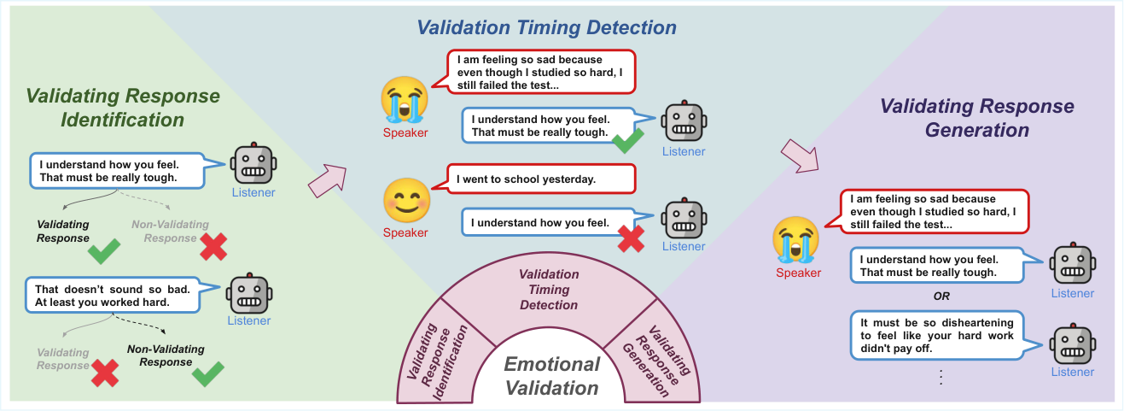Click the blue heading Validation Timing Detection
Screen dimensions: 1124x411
[x=546, y=27]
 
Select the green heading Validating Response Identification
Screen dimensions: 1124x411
[x=123, y=108]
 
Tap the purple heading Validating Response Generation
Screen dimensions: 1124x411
[x=977, y=118]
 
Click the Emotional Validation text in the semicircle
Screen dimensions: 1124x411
[x=551, y=376]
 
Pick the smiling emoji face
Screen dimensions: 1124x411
[x=407, y=201]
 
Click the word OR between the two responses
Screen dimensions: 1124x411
[x=941, y=296]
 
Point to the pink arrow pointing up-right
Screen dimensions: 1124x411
[x=328, y=180]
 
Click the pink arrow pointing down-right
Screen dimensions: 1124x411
[x=800, y=156]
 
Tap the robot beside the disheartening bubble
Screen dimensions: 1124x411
[x=1072, y=343]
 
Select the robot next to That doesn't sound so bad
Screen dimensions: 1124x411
[x=249, y=293]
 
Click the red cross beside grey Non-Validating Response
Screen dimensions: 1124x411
[x=213, y=247]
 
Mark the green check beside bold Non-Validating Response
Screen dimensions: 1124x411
[x=207, y=373]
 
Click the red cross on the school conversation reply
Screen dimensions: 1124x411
[x=631, y=238]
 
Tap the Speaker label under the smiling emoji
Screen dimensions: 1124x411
[x=405, y=232]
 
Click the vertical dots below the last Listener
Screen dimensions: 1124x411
[x=941, y=377]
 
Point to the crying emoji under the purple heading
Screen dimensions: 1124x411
[x=795, y=239]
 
